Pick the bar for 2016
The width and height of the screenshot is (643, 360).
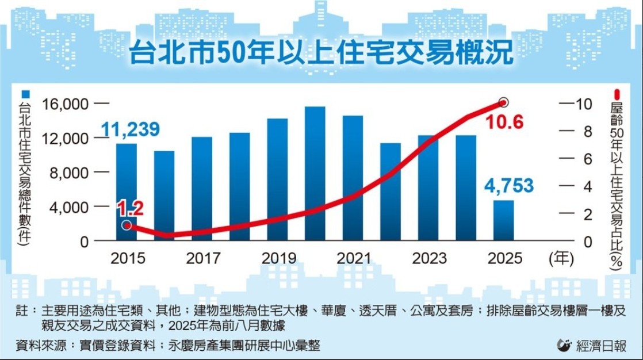[164, 196]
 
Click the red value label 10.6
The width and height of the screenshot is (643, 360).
[504, 122]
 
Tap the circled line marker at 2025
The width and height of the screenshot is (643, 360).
[504, 102]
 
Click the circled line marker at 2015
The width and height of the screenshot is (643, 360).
[127, 225]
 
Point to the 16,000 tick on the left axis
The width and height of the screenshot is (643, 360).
[66, 104]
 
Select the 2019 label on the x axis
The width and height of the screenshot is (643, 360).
[278, 258]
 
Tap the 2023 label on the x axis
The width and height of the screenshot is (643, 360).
[428, 258]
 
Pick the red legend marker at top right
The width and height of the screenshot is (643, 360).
[617, 94]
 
